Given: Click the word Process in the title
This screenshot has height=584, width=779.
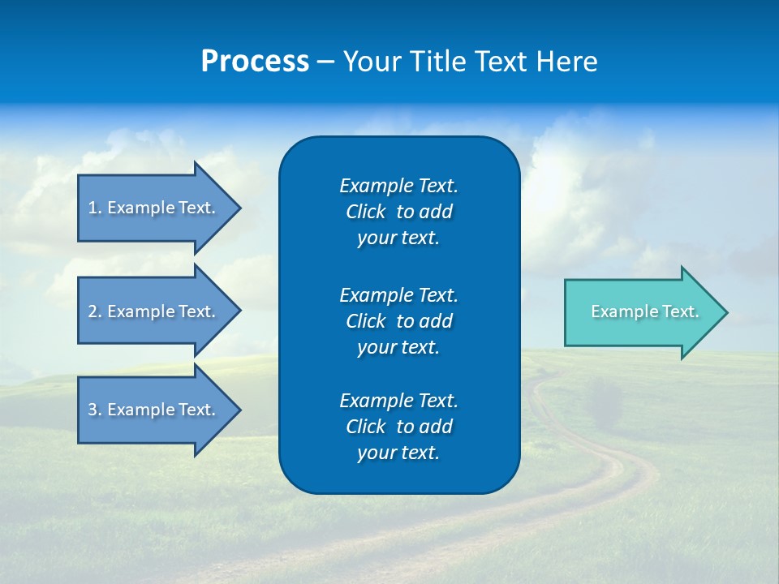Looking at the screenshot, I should click(254, 62).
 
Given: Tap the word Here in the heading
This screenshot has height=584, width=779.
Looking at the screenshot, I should click(566, 62).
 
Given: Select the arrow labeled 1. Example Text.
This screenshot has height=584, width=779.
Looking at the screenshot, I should click(154, 208).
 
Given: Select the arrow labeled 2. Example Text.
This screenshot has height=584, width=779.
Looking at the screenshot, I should click(154, 311).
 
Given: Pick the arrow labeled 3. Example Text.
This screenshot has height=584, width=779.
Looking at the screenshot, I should click(154, 410).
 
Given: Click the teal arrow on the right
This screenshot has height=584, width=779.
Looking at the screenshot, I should click(641, 312).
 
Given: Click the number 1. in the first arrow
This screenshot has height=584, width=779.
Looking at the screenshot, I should click(95, 208).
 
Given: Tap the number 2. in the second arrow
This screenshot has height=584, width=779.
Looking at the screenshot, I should click(95, 311).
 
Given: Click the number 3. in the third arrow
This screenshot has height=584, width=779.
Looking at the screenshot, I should click(95, 410).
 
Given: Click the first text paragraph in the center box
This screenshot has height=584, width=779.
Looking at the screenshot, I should click(398, 212).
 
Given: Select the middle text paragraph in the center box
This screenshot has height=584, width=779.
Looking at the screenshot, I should click(398, 321).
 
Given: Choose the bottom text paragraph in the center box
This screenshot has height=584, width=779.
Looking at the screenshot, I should click(398, 427).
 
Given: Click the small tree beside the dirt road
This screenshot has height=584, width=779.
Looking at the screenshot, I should click(604, 402).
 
